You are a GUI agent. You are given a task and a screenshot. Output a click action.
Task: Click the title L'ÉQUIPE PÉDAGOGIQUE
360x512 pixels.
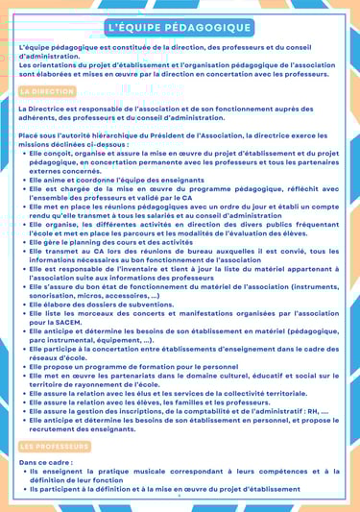point(180,28)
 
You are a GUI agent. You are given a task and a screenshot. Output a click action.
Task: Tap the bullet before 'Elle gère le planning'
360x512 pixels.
point(24,243)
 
